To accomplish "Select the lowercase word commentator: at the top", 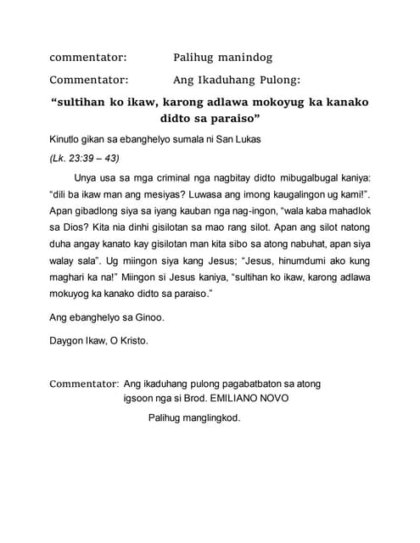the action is (88, 58).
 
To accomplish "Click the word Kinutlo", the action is (69, 138).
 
